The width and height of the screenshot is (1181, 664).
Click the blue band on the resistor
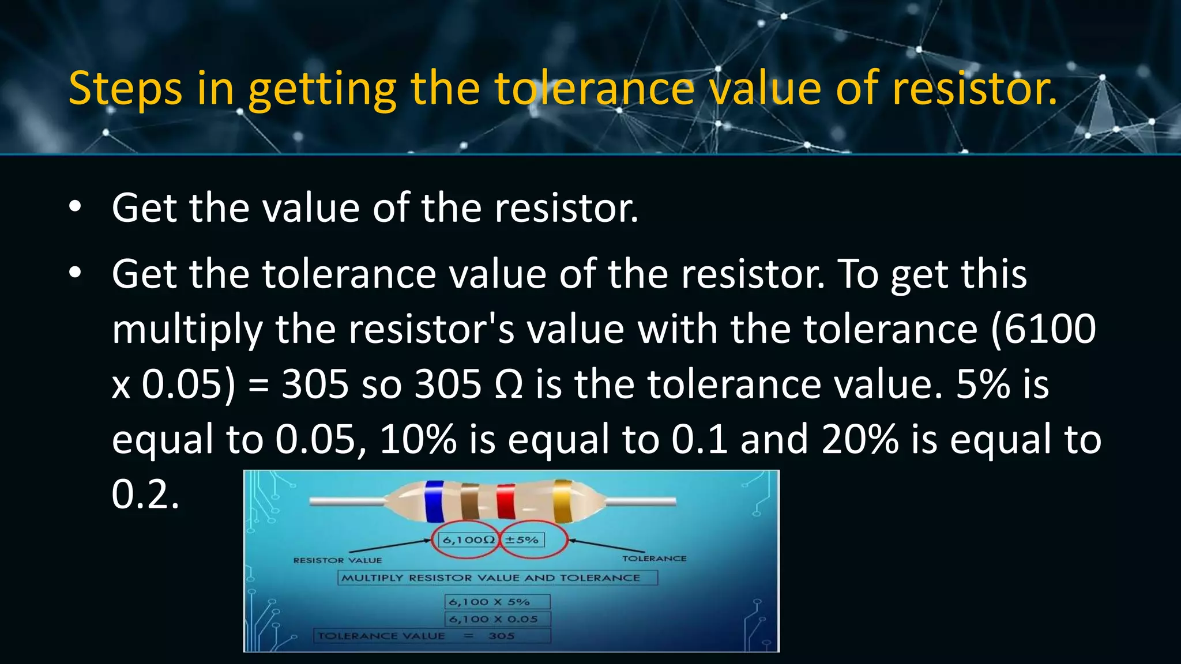pyautogui.click(x=434, y=501)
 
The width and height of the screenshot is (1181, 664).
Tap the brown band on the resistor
pyautogui.click(x=470, y=501)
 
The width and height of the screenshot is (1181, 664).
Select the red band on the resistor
pyautogui.click(x=506, y=501)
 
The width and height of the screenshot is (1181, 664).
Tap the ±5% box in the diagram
pyautogui.click(x=522, y=540)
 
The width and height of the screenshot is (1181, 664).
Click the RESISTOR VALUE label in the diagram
pyautogui.click(x=337, y=560)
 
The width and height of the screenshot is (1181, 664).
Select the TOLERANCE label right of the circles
pyautogui.click(x=654, y=559)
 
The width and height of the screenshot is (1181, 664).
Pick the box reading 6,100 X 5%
pyautogui.click(x=497, y=602)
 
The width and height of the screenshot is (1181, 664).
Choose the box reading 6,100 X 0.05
pyautogui.click(x=497, y=619)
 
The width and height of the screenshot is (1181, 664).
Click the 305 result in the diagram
pyautogui.click(x=501, y=636)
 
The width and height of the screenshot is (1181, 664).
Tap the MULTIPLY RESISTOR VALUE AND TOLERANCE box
pyautogui.click(x=497, y=578)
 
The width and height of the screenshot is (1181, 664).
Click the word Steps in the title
pyautogui.click(x=125, y=88)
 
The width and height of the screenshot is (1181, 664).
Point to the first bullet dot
pyautogui.click(x=74, y=207)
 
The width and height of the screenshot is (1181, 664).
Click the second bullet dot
pyautogui.click(x=74, y=274)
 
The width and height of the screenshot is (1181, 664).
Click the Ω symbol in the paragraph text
pyautogui.click(x=509, y=384)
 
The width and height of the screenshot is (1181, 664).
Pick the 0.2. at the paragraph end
pyautogui.click(x=145, y=494)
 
